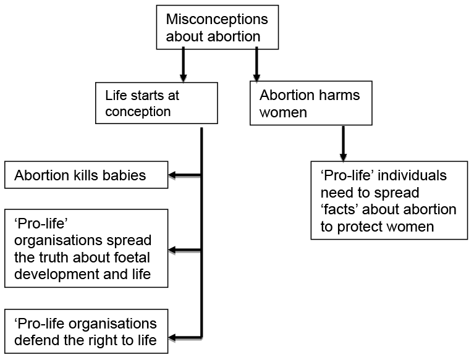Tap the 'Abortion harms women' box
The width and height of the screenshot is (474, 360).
pyautogui.click(x=310, y=104)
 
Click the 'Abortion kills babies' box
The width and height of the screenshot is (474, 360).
pyautogui.click(x=86, y=175)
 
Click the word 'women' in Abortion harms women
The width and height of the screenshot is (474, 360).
pyautogui.click(x=283, y=114)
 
